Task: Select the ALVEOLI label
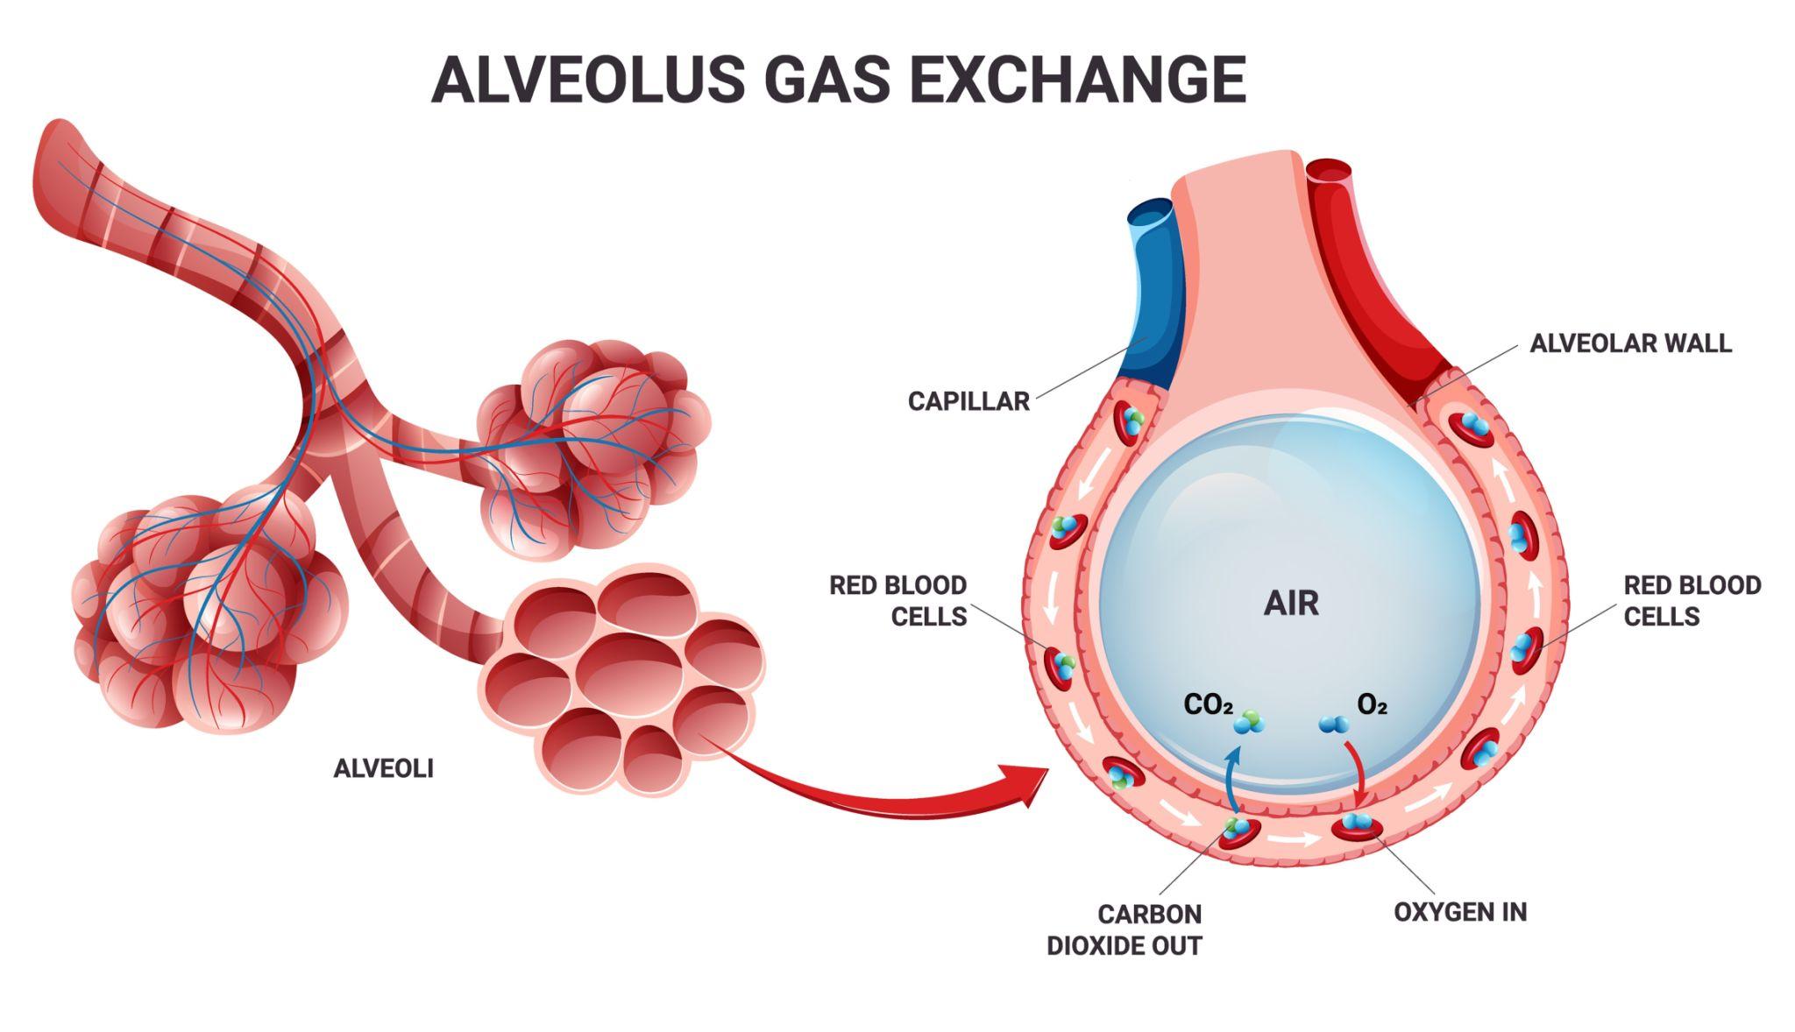(383, 768)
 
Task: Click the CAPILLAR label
(968, 401)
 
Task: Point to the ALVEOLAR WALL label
(1630, 343)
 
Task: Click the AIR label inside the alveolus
(1291, 604)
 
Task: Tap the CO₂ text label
(1208, 704)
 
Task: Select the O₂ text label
(1372, 704)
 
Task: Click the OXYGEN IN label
(1460, 912)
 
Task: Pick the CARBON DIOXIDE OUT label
(1125, 930)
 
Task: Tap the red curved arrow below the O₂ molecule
(1357, 772)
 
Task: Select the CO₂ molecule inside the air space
(1246, 722)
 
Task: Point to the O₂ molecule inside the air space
(1335, 724)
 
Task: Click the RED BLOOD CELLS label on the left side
(897, 601)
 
